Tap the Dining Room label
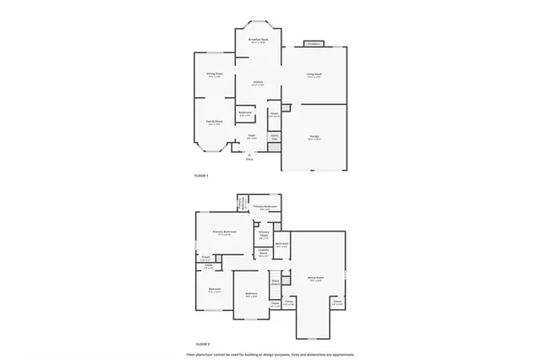[x=215, y=74]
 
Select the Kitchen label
[x=258, y=83]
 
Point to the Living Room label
[x=314, y=74]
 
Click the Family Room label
[x=214, y=122]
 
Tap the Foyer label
[x=251, y=136]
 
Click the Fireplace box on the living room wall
[x=314, y=43]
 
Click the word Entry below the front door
[x=249, y=159]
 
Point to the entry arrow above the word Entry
[x=249, y=154]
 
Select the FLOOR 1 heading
[x=201, y=176]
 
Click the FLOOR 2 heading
[x=202, y=345]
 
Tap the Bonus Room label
[x=315, y=278]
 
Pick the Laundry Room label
[x=263, y=252]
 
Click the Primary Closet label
[x=264, y=236]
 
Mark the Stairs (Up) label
[x=274, y=135]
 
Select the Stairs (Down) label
[x=276, y=282]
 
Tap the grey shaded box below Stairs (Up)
[x=274, y=148]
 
